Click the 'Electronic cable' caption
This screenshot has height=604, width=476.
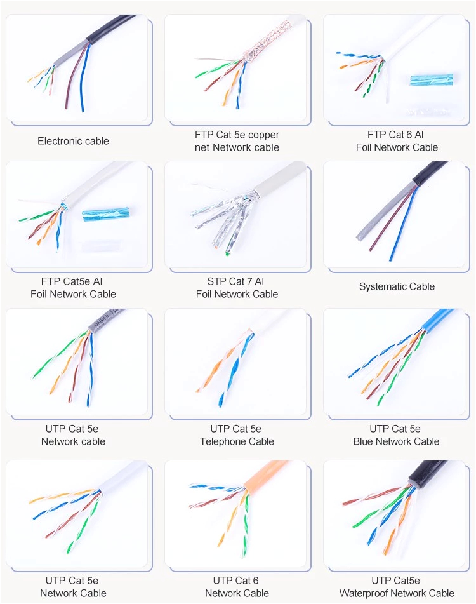point(73,141)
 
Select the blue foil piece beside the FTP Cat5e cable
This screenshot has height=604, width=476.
point(106,214)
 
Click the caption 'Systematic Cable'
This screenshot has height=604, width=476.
point(397,286)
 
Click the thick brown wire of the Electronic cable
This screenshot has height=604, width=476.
point(75,77)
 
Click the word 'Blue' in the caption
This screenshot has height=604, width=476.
point(363,441)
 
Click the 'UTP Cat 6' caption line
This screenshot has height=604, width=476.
point(236,581)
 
